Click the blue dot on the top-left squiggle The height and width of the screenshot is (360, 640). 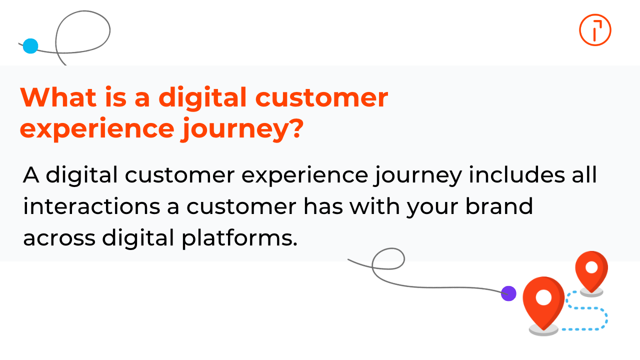pos(30,46)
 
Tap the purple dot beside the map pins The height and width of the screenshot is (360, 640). pos(508,293)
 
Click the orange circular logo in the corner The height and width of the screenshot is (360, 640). pos(595,30)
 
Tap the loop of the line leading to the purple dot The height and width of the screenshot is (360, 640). pos(388,259)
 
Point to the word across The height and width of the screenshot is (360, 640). pos(59,238)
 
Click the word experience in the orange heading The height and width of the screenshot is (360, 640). pos(95,129)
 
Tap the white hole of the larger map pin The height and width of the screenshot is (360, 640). pos(543,297)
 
